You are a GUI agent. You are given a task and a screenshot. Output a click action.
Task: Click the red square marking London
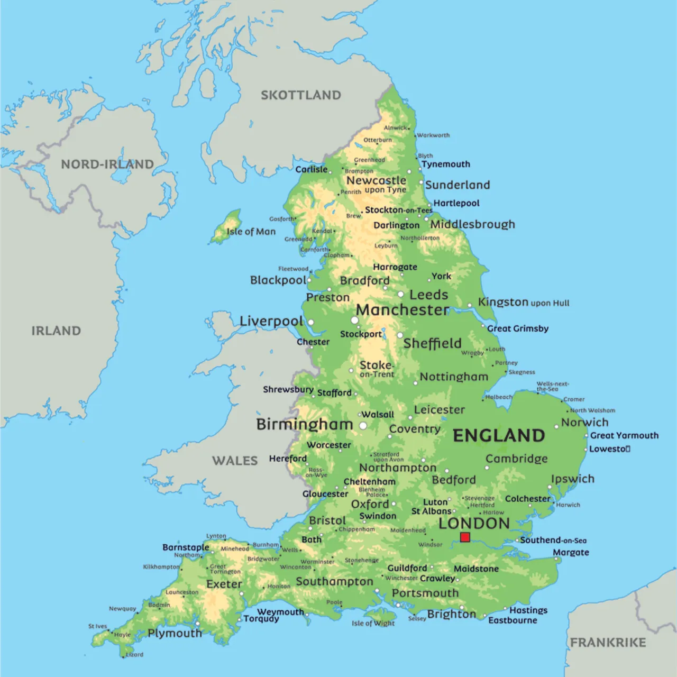465,537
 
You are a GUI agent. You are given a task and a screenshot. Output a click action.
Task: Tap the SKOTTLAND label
300,95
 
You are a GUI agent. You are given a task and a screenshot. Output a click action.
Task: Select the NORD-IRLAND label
107,164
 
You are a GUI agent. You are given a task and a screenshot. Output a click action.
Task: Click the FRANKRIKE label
608,643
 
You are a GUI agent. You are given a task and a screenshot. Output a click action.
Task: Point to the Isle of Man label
251,232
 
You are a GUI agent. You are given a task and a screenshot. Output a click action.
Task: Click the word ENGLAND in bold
499,435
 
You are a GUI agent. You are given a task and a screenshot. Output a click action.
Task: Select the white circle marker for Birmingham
363,425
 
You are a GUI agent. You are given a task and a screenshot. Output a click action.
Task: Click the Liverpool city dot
311,322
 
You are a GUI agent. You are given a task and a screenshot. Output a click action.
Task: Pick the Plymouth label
175,633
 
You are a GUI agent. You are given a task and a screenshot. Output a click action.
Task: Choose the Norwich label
584,422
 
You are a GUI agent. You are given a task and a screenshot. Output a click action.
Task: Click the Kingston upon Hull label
524,302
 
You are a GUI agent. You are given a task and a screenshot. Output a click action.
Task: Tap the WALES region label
235,461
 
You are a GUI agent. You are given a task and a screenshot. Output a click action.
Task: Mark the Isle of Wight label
373,623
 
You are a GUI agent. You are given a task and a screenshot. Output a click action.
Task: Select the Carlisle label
311,169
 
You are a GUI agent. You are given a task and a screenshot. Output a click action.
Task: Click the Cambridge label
516,459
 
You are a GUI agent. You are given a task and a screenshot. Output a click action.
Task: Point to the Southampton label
334,581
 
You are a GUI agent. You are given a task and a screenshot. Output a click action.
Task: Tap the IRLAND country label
56,331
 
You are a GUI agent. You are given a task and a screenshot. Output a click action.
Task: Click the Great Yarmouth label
624,435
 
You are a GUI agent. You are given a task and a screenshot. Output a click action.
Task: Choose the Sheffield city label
432,343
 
